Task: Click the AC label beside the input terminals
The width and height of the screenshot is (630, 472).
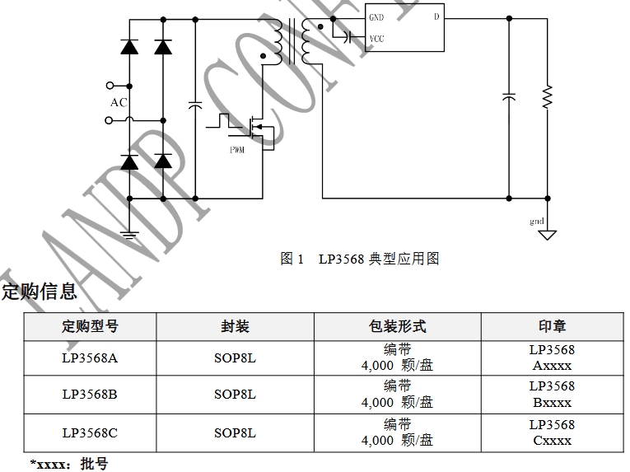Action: coord(119,103)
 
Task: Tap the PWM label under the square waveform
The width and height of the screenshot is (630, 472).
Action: coord(237,149)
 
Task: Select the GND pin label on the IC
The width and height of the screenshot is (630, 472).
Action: coord(376,17)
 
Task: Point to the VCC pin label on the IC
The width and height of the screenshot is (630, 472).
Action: coord(376,39)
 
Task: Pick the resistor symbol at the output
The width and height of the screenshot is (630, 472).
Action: coord(547,96)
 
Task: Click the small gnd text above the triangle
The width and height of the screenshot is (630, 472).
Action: coord(537,222)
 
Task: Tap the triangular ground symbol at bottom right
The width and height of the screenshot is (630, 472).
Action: coord(547,235)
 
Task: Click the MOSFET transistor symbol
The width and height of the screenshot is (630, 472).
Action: coord(259,128)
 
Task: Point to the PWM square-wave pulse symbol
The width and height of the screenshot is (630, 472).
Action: coord(222,121)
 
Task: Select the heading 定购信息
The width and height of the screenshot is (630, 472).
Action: coord(39,291)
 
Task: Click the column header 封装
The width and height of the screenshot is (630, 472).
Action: coord(235,326)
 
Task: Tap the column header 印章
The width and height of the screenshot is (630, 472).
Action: coord(552,326)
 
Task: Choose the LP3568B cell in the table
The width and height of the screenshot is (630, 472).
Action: coord(90,395)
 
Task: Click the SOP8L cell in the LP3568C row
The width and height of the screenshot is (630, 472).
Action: coord(235,432)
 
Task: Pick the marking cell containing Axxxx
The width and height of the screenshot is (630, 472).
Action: coord(552,358)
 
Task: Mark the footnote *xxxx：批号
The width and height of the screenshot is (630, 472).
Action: coord(69,465)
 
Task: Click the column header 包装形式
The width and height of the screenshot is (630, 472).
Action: coord(397,326)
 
